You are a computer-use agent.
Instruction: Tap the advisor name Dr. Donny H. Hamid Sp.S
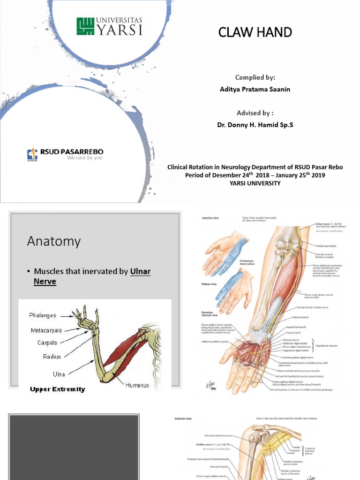point(254,125)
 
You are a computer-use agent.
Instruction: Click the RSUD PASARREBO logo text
point(71,152)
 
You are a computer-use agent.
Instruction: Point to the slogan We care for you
point(84,158)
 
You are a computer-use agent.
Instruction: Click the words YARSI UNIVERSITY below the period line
point(255,183)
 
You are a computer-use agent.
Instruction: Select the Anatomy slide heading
point(53,241)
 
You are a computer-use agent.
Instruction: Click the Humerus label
point(137,385)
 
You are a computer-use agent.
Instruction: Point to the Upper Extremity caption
point(58,389)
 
